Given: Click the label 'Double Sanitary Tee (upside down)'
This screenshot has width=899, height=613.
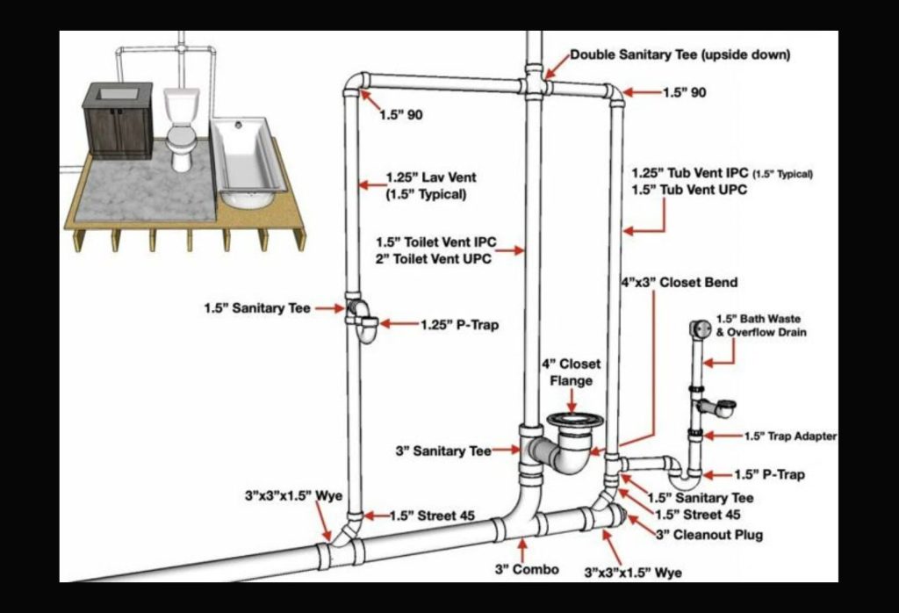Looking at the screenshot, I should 680,54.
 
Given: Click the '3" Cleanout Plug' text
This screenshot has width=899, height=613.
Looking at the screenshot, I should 709,534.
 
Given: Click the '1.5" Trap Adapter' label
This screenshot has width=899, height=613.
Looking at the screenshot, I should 790,436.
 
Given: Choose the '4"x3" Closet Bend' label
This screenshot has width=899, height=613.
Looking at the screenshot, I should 680,283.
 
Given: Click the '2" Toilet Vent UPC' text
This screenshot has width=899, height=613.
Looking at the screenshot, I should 434,259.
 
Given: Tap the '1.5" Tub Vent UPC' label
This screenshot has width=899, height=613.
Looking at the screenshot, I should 689,190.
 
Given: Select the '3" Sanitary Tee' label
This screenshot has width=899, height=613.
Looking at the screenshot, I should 442,451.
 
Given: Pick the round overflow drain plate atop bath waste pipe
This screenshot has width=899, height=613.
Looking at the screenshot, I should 700,328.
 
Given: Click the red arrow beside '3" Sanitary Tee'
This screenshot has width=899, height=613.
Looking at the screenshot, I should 506,451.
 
